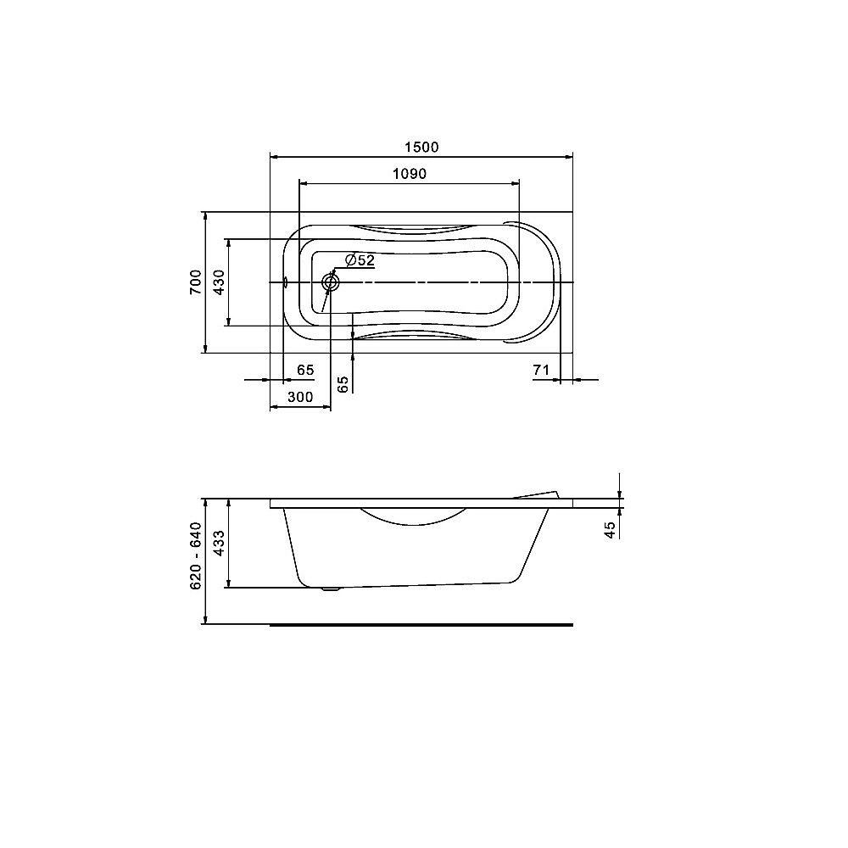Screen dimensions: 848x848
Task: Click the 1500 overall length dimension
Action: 421,147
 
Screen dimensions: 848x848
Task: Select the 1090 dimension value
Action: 408,174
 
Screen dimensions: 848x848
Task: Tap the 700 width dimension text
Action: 195,281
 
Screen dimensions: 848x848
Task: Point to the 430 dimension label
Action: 218,281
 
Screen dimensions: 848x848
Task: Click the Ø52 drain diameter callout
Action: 360,260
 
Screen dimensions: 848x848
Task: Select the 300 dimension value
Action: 300,397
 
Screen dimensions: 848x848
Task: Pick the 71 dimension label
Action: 543,370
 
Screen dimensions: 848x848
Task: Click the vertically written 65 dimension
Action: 343,383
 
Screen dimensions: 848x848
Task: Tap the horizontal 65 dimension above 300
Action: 305,370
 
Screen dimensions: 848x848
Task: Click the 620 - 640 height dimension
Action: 195,556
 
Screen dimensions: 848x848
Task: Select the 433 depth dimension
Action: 218,543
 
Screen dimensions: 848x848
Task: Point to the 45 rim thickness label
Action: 609,529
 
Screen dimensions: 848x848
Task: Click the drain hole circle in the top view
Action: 330,282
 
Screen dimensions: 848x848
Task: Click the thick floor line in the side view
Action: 421,623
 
